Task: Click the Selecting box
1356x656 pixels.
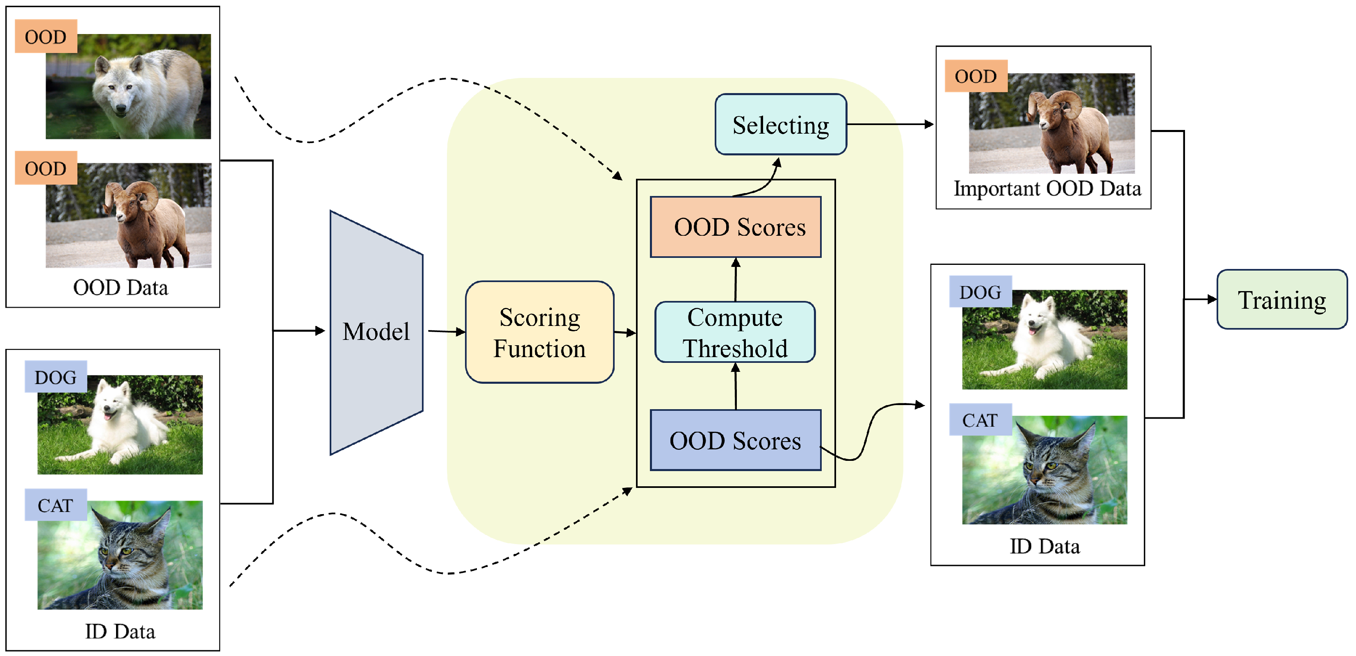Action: (x=781, y=124)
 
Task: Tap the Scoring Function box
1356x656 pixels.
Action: (x=540, y=332)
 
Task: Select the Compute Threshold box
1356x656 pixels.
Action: (x=735, y=332)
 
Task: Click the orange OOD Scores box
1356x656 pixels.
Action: (x=735, y=227)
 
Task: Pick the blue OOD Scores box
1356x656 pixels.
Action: (x=735, y=440)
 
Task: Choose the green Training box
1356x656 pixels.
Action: (x=1282, y=300)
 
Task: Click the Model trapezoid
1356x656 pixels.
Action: (x=376, y=332)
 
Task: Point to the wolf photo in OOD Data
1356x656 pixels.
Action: (x=128, y=87)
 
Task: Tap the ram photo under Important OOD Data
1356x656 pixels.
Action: (x=1052, y=123)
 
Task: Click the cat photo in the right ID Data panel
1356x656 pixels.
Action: (x=1044, y=469)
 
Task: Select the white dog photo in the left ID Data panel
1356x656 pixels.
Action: (x=120, y=424)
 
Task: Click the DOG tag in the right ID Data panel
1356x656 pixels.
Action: (x=980, y=292)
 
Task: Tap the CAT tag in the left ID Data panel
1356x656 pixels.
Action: (x=56, y=505)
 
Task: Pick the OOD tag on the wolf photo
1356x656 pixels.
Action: (x=46, y=36)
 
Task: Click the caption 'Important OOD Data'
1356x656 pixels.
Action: (x=1047, y=189)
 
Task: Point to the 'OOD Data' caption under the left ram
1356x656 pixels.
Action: (x=121, y=287)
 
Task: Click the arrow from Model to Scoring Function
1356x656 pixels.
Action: (x=447, y=332)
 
